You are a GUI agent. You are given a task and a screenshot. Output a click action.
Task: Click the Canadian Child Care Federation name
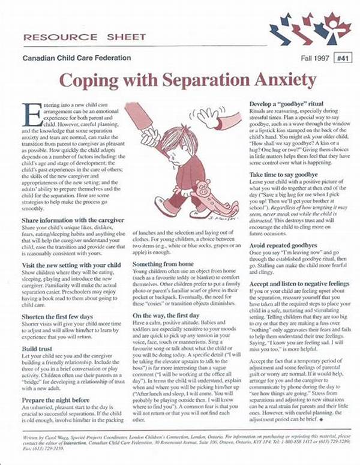click(76, 58)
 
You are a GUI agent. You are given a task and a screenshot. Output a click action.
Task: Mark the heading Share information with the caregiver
click(71, 221)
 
